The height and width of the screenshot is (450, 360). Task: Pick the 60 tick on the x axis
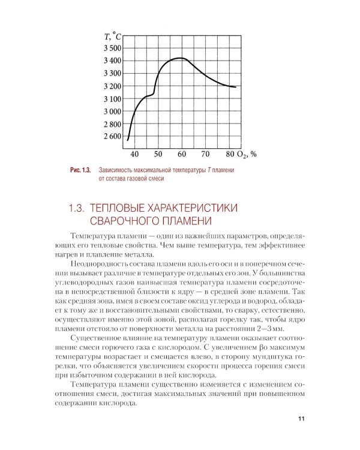(181, 154)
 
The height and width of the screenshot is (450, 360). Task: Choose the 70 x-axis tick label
(205, 154)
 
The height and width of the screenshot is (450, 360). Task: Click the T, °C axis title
(113, 37)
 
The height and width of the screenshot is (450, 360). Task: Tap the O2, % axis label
(247, 154)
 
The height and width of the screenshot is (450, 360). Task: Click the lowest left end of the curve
(128, 140)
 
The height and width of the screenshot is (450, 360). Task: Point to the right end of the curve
(235, 87)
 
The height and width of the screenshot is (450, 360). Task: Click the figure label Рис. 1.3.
(79, 170)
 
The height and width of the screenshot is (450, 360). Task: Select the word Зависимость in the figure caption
(120, 170)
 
